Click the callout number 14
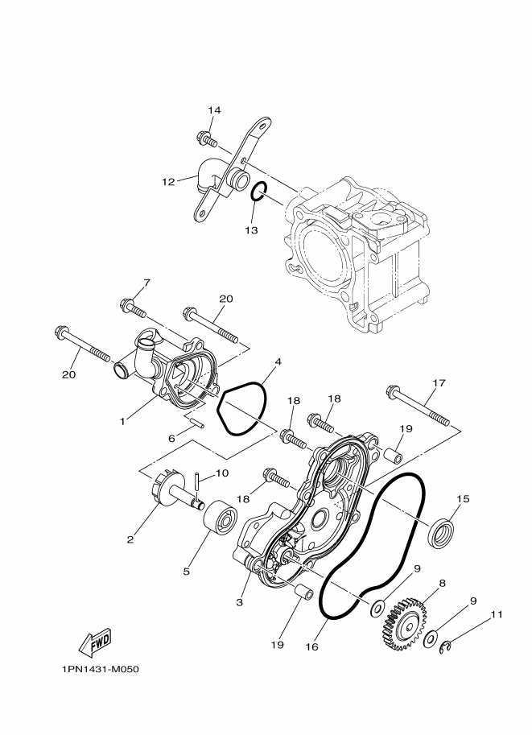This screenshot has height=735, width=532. (213, 110)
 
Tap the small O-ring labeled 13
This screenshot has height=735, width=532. (258, 192)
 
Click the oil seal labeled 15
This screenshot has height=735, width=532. (440, 533)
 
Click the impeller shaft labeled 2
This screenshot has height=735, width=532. (163, 498)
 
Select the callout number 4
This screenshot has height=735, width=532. (278, 362)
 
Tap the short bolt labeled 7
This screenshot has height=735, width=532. (134, 308)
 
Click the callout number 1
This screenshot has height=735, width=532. (122, 419)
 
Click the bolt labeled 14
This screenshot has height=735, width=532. (207, 141)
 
